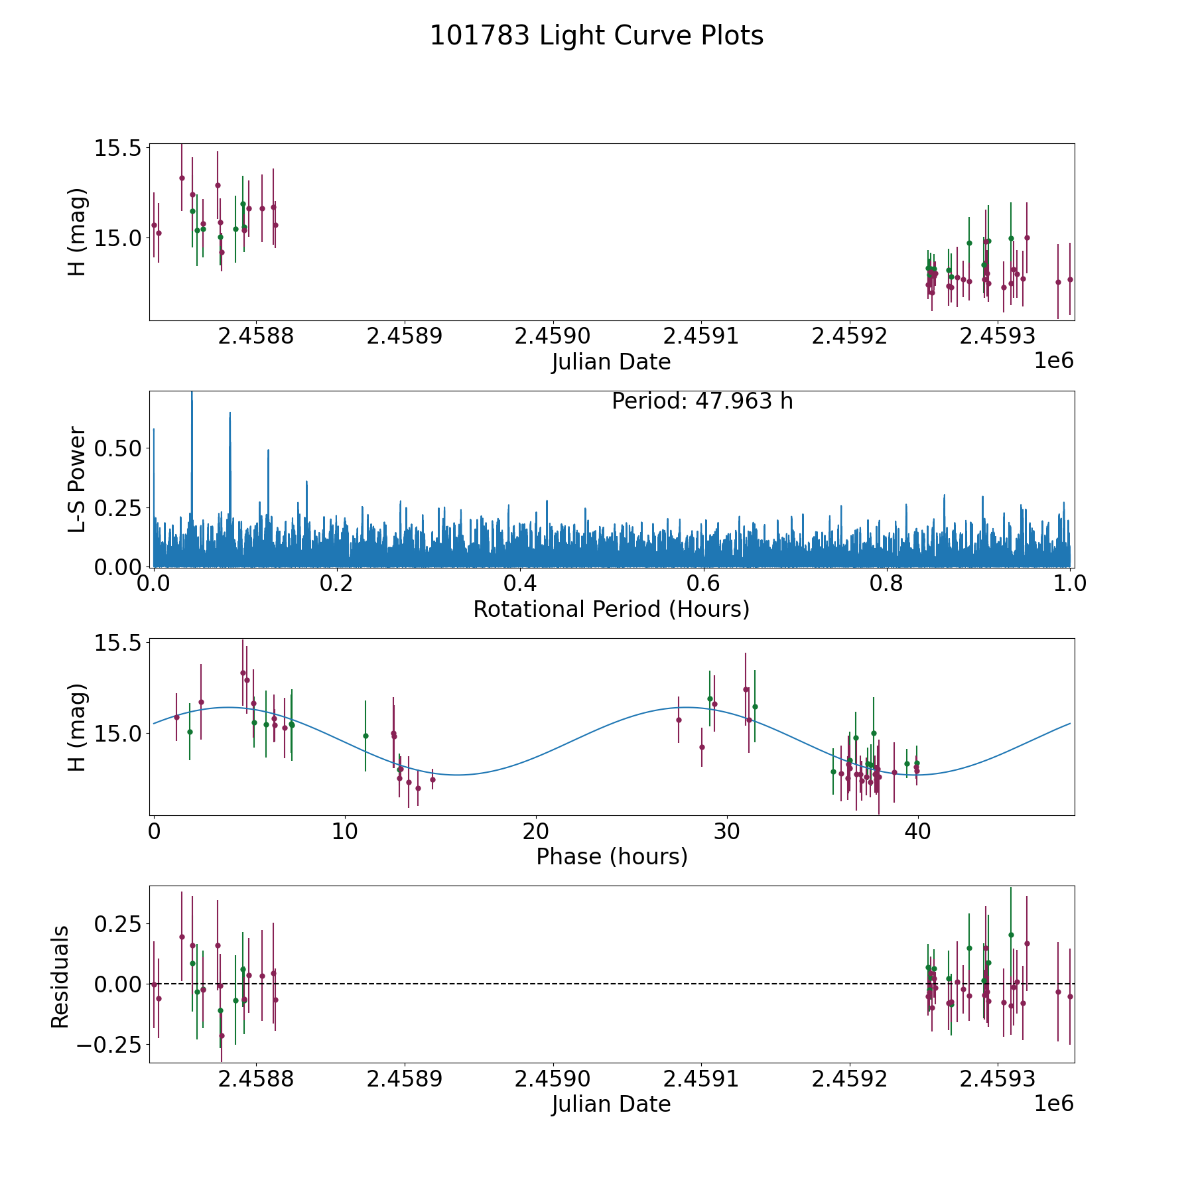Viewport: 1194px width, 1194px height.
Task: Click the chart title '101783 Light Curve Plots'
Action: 596,36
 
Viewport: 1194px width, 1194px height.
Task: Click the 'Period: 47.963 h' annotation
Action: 702,401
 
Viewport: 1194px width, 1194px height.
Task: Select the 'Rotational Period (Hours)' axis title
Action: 611,609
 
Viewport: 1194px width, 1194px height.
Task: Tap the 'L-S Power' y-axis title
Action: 77,479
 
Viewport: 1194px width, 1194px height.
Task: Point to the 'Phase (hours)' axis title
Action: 612,856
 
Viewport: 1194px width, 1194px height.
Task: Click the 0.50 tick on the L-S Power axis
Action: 118,448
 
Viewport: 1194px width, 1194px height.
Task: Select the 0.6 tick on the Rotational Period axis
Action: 703,584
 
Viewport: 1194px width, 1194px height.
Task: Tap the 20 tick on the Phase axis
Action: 535,832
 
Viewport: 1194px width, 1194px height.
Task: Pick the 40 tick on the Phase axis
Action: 917,832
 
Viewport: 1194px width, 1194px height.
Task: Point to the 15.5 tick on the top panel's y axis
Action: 118,148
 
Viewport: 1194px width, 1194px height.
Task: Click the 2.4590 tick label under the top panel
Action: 553,336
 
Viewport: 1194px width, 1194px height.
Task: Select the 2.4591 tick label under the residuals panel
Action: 701,1079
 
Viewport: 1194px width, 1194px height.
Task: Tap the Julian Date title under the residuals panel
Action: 611,1104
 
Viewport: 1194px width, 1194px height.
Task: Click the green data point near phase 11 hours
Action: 365,736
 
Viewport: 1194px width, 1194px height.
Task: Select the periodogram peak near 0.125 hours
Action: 268,451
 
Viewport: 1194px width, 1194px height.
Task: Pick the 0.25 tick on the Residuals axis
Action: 118,923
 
